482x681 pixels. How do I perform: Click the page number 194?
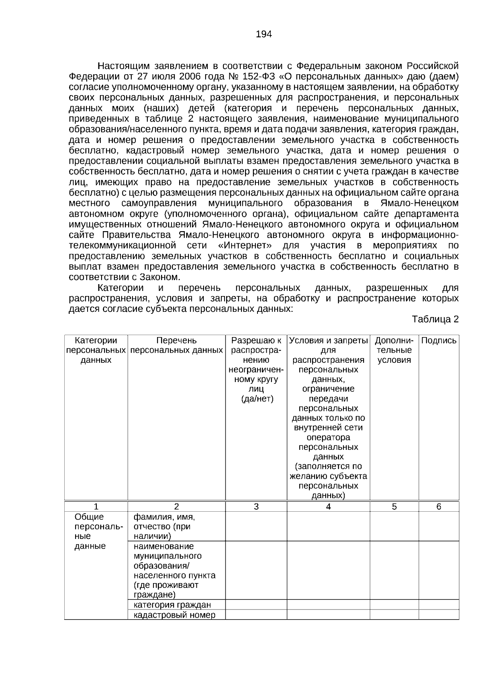tap(264, 35)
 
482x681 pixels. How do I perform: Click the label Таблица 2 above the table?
tap(435, 319)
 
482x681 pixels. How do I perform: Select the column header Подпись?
tap(438, 341)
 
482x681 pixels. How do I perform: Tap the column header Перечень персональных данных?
tap(176, 346)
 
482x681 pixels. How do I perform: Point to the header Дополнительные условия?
tap(394, 350)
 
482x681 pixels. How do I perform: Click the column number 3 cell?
tap(256, 506)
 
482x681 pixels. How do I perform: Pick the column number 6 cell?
tap(438, 506)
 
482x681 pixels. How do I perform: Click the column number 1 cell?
tap(96, 506)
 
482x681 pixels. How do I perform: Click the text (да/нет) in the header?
tap(257, 399)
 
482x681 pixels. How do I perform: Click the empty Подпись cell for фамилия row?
tap(438, 527)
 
